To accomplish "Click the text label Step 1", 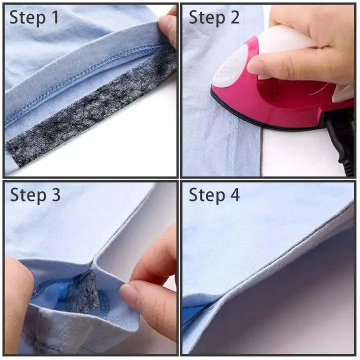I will pyautogui.click(x=34, y=17).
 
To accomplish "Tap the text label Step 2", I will pyautogui.click(x=214, y=17).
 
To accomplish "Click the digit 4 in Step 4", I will pyautogui.click(x=233, y=194).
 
